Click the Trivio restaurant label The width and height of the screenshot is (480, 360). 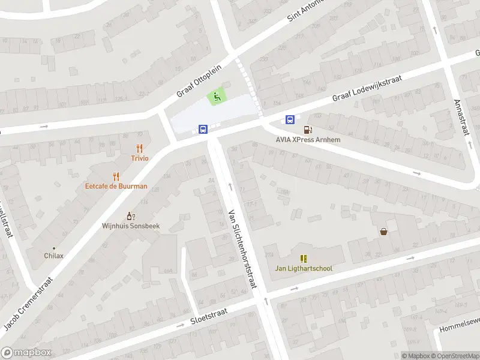point(140,158)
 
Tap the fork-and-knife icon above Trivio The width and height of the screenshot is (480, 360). point(140,148)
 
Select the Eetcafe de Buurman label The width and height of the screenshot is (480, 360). point(116,186)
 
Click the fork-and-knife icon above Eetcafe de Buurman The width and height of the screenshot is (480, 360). point(116,176)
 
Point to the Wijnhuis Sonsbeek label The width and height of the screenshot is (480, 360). point(130,226)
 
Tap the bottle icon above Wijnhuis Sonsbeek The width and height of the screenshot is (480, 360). point(130,216)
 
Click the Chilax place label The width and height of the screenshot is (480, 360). point(53,256)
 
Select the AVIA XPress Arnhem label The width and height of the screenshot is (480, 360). point(308,140)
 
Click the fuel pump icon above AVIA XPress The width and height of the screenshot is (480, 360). point(308,129)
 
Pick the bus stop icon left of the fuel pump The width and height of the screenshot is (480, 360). point(290,119)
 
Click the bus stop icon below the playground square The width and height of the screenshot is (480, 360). point(203,129)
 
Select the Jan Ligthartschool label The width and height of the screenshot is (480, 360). point(304,268)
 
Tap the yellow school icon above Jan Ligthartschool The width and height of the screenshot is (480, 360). point(304,259)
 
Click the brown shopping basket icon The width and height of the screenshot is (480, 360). point(383,231)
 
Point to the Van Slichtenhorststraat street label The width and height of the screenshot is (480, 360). point(242,248)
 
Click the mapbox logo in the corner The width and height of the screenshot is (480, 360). point(26,353)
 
